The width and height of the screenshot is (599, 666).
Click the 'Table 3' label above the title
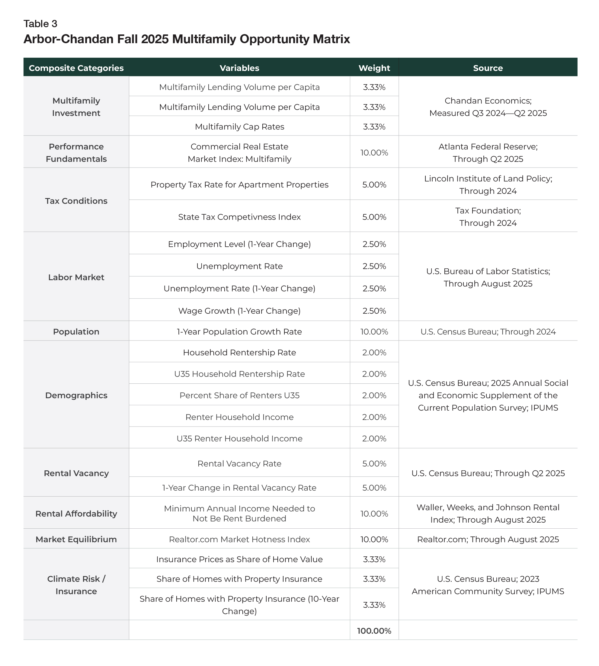[40, 24]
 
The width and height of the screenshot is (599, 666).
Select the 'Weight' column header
[374, 68]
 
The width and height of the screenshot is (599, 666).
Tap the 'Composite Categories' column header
[76, 68]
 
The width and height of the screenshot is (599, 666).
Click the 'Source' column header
[488, 68]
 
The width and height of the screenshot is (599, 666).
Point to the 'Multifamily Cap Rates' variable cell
[239, 127]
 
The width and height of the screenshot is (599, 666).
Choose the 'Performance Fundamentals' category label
[76, 153]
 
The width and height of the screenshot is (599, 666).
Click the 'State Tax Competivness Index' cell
[239, 217]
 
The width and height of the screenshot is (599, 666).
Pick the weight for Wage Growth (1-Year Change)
[374, 311]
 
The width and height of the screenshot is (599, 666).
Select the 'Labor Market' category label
[76, 277]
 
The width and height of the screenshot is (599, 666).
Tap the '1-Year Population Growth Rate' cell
[239, 332]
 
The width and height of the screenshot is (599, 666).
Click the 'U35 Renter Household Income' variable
[239, 438]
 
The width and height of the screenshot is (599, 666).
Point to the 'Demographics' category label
[76, 395]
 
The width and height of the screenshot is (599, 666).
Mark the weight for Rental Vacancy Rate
[374, 464]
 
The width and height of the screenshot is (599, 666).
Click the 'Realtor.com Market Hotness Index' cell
[239, 539]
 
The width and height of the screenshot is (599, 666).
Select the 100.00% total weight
[374, 631]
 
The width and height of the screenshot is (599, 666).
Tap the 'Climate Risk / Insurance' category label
[76, 585]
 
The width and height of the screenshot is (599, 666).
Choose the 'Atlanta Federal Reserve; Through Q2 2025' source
[488, 153]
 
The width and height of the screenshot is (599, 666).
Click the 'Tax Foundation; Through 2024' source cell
[488, 216]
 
